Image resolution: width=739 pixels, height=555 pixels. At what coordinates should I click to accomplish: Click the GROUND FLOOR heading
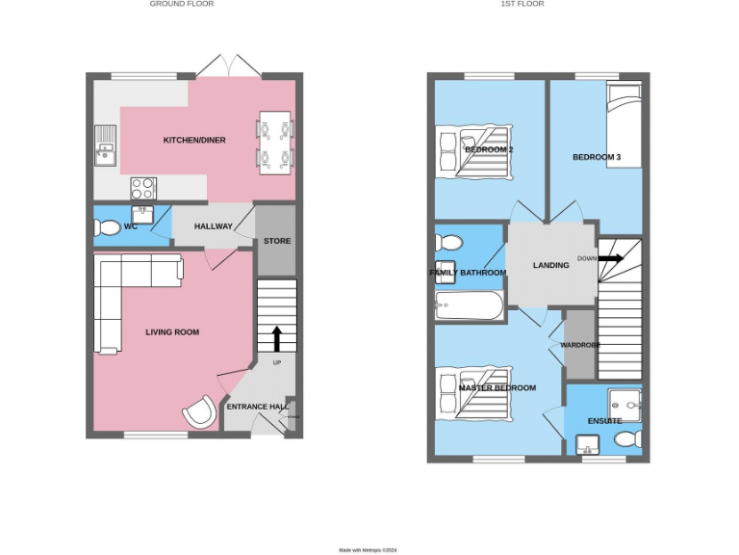coord(182,4)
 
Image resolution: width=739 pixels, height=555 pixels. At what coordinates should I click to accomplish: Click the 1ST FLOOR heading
coord(522,4)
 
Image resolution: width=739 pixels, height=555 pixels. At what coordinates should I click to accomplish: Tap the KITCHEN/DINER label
coord(194,140)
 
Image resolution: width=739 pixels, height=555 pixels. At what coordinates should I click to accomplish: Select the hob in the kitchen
coord(143,186)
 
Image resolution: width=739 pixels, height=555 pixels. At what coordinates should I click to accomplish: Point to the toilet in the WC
coord(107,227)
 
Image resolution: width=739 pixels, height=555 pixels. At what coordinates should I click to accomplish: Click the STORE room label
coord(277,241)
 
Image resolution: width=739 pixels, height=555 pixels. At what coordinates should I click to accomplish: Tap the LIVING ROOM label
coord(172,332)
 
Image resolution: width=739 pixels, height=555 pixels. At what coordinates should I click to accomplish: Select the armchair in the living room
coord(199,412)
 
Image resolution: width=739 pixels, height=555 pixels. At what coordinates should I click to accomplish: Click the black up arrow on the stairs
coord(277,338)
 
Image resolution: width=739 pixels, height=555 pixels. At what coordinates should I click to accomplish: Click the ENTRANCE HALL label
coord(257,407)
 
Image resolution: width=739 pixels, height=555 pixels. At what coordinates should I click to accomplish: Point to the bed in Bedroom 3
coord(624,122)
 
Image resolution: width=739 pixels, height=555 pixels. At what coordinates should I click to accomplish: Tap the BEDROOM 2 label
coord(489,149)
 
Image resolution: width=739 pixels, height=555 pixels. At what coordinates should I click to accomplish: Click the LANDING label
coord(551,265)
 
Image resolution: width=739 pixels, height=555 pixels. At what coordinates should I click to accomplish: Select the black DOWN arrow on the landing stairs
coord(612,258)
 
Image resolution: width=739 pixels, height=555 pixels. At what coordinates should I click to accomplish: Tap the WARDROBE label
coord(580,345)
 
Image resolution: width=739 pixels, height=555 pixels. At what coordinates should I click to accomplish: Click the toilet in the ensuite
coord(626,440)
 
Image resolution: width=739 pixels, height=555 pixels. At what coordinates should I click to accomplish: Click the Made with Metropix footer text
coord(368,550)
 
